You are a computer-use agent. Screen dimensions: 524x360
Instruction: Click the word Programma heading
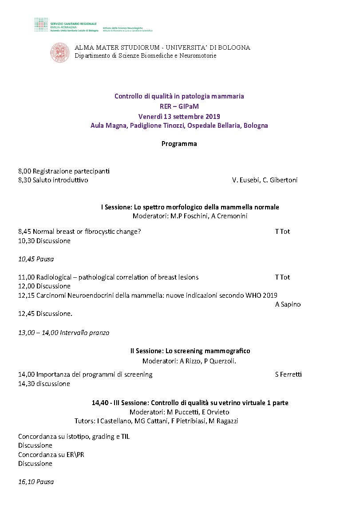(179, 144)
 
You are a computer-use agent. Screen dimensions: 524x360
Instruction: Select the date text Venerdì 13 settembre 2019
(179, 117)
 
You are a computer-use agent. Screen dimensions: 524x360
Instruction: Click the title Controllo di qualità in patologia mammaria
(179, 96)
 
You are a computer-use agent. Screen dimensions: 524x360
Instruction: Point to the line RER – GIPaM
(179, 106)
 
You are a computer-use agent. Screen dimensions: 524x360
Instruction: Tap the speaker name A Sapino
(288, 304)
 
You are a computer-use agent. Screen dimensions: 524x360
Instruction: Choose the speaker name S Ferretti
(288, 374)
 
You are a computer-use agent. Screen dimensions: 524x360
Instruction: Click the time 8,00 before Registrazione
(24, 171)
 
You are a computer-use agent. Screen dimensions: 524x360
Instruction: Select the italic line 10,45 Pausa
(36, 259)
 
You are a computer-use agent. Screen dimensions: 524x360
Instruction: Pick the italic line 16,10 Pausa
(36, 481)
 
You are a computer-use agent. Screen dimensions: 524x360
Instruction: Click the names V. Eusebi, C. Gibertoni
(265, 180)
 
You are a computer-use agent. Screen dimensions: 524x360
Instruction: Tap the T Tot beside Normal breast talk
(282, 231)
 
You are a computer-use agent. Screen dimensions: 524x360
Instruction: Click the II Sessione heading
(190, 351)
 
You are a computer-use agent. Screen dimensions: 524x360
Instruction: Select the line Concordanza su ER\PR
(51, 454)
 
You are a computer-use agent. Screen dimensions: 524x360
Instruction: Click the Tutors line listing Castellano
(156, 421)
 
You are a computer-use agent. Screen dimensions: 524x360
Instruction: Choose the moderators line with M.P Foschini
(190, 216)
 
